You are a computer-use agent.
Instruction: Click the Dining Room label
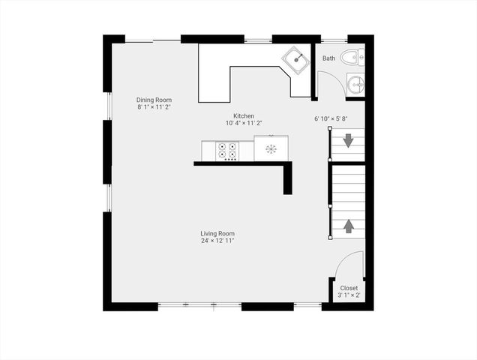pyautogui.click(x=154, y=100)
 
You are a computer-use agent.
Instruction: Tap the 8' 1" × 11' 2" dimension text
pyautogui.click(x=154, y=107)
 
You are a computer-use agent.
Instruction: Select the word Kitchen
pyautogui.click(x=244, y=115)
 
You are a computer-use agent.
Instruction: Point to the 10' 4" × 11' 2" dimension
pyautogui.click(x=244, y=123)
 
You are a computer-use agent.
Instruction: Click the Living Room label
pyautogui.click(x=217, y=233)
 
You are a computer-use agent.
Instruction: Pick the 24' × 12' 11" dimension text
pyautogui.click(x=217, y=241)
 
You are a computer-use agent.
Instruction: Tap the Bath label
pyautogui.click(x=328, y=58)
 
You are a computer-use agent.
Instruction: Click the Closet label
pyautogui.click(x=349, y=288)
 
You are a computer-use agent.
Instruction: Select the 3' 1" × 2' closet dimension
pyautogui.click(x=349, y=295)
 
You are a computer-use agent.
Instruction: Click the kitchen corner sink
pyautogui.click(x=295, y=60)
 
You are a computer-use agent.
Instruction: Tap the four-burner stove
pyautogui.click(x=227, y=151)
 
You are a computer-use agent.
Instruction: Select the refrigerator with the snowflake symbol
pyautogui.click(x=271, y=148)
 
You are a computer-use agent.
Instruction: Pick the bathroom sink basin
pyautogui.click(x=355, y=82)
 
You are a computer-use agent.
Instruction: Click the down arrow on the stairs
pyautogui.click(x=349, y=140)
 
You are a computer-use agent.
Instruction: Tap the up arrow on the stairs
pyautogui.click(x=349, y=225)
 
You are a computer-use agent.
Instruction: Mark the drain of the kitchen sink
pyautogui.click(x=297, y=58)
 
